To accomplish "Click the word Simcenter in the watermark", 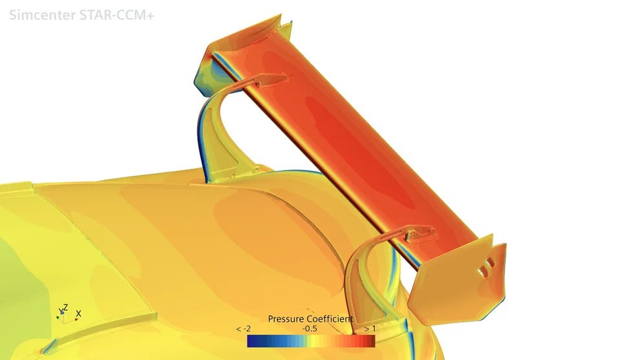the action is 41,15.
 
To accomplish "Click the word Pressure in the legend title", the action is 286,319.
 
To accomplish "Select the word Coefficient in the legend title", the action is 330,319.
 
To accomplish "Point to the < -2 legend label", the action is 243,329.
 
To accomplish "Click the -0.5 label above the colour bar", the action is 310,329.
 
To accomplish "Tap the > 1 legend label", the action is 370,329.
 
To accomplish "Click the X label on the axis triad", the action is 78,313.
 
